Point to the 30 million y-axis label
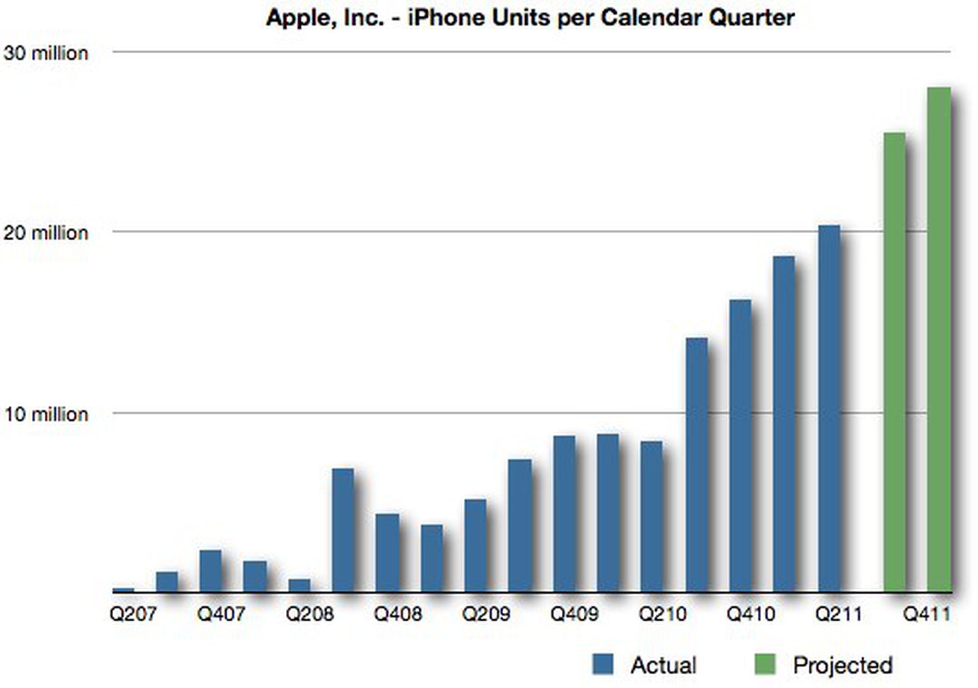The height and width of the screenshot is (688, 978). pyautogui.click(x=46, y=53)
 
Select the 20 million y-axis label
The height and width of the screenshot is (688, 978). pyautogui.click(x=46, y=233)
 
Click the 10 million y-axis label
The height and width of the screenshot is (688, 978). pyautogui.click(x=46, y=415)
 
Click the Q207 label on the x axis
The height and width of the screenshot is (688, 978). pyautogui.click(x=133, y=613)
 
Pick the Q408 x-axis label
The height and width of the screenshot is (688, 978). pyautogui.click(x=398, y=613)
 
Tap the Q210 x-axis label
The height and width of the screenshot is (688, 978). pyautogui.click(x=663, y=613)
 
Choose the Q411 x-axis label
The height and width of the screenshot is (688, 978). pyautogui.click(x=927, y=613)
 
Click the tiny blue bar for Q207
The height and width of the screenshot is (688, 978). pyautogui.click(x=123, y=590)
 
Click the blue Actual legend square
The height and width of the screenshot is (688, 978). pyautogui.click(x=603, y=664)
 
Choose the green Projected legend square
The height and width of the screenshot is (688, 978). pyautogui.click(x=765, y=664)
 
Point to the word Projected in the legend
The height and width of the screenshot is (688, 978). pyautogui.click(x=842, y=665)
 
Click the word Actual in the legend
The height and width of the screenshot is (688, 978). pyautogui.click(x=663, y=665)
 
